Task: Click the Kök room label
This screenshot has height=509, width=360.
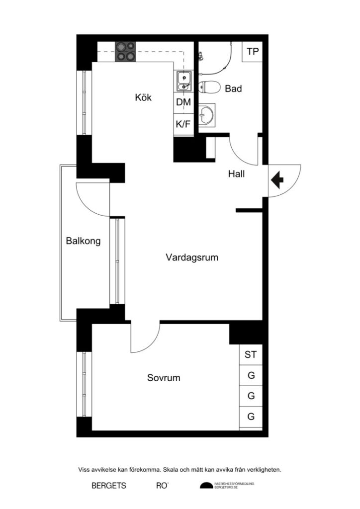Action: [143, 97]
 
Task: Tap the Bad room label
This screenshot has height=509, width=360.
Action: [233, 89]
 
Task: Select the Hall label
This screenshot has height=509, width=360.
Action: [236, 174]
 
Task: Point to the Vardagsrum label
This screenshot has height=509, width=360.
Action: [192, 257]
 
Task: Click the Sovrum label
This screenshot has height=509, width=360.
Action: [164, 378]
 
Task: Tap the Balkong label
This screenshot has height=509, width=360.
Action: [83, 241]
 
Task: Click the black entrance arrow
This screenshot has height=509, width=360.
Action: [276, 179]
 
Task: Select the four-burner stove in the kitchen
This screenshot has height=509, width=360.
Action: [126, 51]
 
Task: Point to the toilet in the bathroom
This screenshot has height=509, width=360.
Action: [209, 88]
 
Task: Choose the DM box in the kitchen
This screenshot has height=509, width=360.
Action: [183, 103]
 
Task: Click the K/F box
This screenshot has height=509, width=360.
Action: [183, 124]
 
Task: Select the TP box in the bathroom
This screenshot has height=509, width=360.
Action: [253, 52]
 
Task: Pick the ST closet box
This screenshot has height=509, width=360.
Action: [251, 355]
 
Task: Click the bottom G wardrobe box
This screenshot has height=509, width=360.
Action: [251, 417]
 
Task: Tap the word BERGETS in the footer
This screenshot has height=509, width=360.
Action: [109, 486]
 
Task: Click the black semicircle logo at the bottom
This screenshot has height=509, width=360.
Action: [206, 486]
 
